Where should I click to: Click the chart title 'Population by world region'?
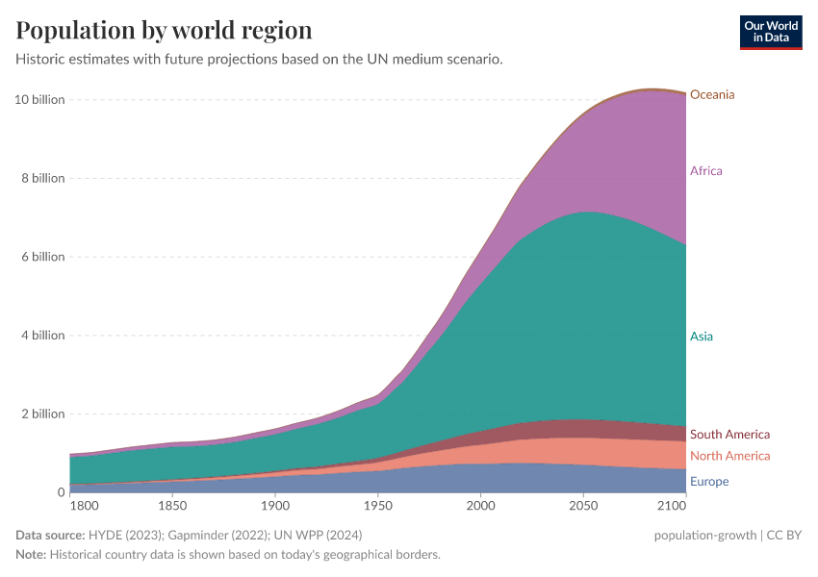tap(164, 30)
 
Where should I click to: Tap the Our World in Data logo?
tap(770, 31)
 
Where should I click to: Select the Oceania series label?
tap(712, 94)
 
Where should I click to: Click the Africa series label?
tap(705, 171)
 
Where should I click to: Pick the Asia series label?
tap(702, 337)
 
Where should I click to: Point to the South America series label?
tap(729, 435)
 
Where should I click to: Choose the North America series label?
tap(729, 456)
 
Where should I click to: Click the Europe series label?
tap(709, 482)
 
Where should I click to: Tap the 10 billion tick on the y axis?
tap(39, 100)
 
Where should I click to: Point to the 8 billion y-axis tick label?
tap(42, 179)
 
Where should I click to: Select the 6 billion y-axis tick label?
tap(42, 257)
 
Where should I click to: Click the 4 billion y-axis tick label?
tap(42, 336)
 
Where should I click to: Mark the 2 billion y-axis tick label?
tap(42, 414)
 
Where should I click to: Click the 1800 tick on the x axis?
tap(83, 505)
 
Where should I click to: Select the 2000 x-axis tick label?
tap(480, 505)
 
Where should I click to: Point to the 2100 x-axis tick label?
tap(673, 505)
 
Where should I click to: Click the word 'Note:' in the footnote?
tap(31, 555)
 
